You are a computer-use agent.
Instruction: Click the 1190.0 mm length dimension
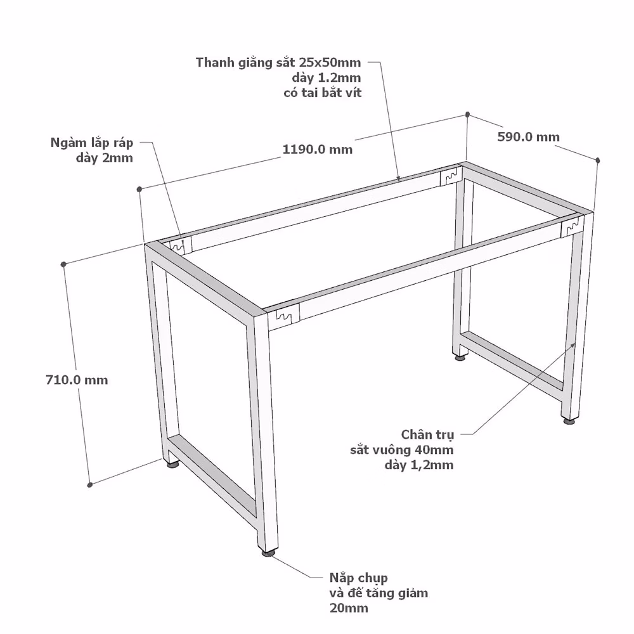(318, 150)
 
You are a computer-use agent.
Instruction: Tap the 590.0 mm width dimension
(529, 137)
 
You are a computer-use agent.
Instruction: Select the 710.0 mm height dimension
(77, 380)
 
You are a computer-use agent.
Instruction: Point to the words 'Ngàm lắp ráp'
(92, 143)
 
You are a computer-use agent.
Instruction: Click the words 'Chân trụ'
(428, 435)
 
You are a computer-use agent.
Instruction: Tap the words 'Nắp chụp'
(358, 578)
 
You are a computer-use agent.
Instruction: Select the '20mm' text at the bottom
(349, 608)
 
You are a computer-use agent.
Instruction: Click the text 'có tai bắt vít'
(322, 93)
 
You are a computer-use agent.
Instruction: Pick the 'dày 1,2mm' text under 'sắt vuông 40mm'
(419, 465)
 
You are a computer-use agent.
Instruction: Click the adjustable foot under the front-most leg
(268, 552)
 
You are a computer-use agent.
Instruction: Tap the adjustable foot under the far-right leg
(569, 421)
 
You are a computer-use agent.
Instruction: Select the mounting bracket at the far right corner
(573, 226)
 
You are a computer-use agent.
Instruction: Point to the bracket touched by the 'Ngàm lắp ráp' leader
(180, 245)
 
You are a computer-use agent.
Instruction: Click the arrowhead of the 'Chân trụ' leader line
(573, 345)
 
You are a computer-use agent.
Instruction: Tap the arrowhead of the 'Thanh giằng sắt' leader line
(398, 178)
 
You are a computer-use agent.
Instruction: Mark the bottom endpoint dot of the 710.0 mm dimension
(90, 484)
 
